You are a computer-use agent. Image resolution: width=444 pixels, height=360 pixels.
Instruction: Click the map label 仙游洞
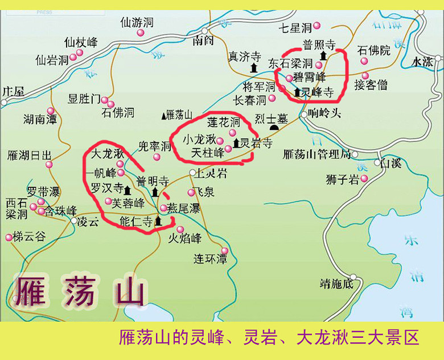click(x=137, y=23)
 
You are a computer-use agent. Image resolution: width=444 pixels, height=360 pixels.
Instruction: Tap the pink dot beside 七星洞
click(x=317, y=25)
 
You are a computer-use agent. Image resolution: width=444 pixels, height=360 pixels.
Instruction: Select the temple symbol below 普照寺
click(x=323, y=55)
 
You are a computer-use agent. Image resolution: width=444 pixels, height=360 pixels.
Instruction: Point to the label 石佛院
click(x=374, y=50)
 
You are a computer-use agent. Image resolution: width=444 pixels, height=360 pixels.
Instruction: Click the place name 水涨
click(x=422, y=61)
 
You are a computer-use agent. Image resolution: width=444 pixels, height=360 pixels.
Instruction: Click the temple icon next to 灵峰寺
click(x=297, y=91)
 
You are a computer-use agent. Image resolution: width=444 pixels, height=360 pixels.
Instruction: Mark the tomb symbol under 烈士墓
click(x=274, y=128)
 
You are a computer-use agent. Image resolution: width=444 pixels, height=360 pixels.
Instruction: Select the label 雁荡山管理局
click(x=316, y=154)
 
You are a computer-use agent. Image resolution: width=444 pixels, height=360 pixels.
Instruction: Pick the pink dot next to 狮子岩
click(x=364, y=179)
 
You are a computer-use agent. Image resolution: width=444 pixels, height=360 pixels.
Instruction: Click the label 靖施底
click(x=336, y=283)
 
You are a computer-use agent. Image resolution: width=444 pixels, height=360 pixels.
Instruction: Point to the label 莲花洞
click(x=223, y=121)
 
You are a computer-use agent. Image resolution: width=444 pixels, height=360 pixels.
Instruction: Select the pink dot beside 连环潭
click(x=224, y=251)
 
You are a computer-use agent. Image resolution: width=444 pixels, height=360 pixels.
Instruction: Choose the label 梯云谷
click(x=28, y=237)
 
